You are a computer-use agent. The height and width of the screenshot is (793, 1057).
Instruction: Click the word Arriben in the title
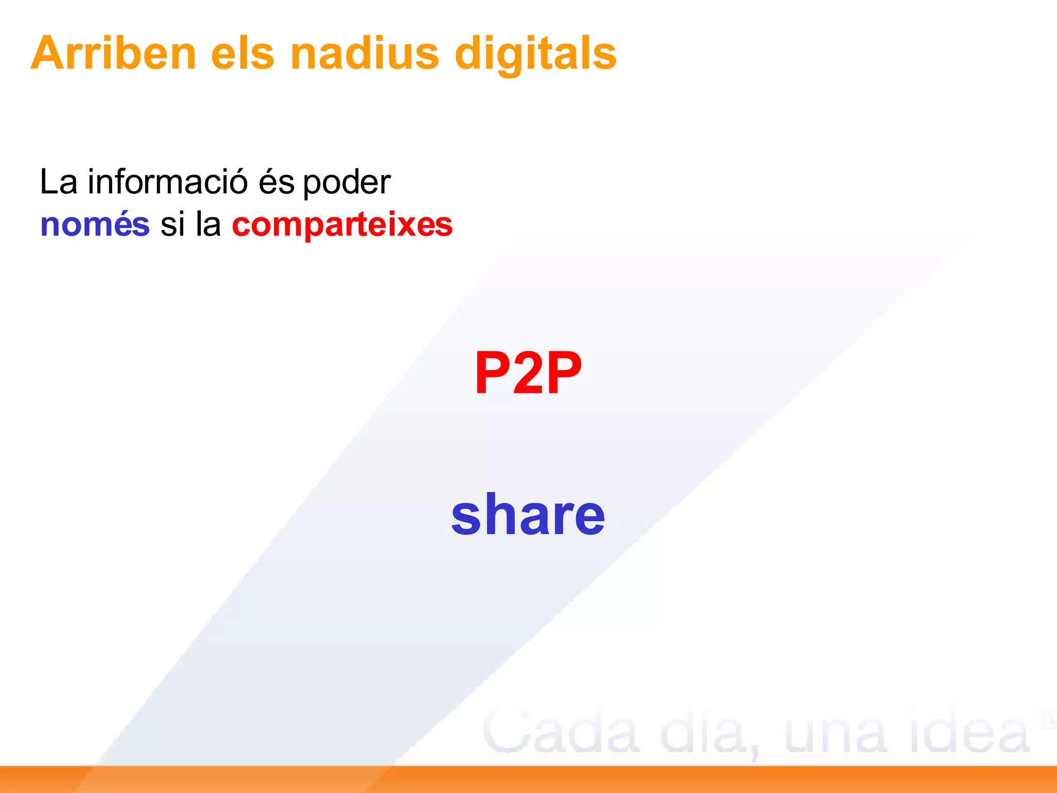point(114,53)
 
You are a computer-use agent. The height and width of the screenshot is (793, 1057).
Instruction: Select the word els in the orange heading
point(243,53)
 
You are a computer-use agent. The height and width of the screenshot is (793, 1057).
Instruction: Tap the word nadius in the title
point(364,53)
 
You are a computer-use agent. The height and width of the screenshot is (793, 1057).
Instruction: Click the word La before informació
point(58,182)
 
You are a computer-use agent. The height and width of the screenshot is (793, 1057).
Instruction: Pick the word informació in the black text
point(168,182)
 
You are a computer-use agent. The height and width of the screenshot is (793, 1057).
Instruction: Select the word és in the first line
point(276,182)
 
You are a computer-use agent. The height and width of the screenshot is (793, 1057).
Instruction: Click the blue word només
point(95,225)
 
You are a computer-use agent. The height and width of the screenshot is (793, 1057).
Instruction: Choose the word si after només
point(172,226)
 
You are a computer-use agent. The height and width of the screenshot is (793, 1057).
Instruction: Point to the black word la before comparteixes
point(208,225)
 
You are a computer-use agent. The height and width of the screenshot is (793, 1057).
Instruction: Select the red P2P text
point(528,373)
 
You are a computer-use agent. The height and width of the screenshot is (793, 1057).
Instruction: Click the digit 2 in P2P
point(527,373)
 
